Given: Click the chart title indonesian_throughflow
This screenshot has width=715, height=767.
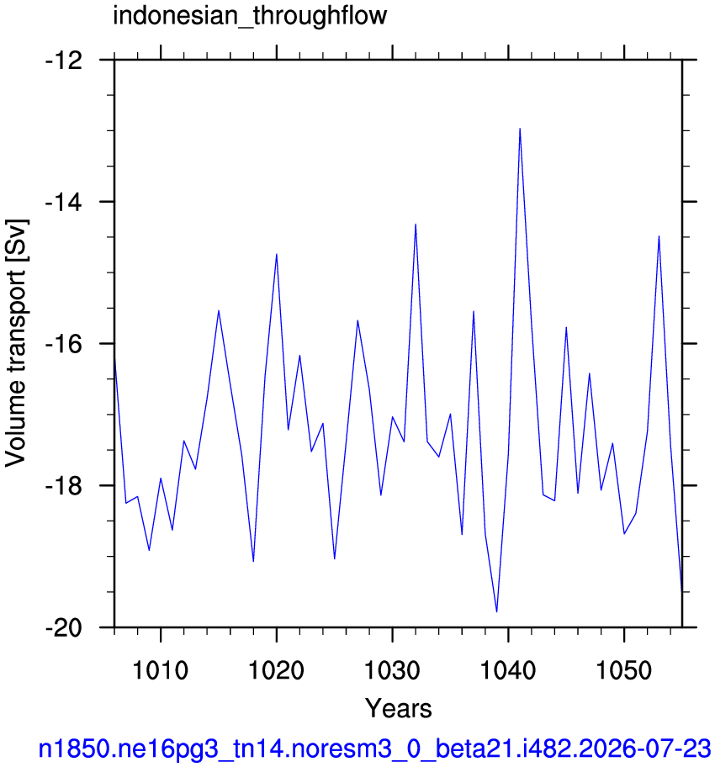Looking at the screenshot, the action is point(250,16).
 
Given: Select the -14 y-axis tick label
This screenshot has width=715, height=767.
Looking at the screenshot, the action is point(64,202).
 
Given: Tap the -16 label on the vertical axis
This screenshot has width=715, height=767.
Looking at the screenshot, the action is point(64,343).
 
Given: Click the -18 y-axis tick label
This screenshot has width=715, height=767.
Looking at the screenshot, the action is point(64,485).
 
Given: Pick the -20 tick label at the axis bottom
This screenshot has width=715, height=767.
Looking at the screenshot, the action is point(64,627).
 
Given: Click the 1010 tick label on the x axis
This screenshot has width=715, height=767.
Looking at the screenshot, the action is point(161,669).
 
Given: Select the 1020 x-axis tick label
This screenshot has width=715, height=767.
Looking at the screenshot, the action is point(277,669).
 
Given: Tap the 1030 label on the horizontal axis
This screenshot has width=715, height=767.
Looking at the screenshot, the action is point(393,669).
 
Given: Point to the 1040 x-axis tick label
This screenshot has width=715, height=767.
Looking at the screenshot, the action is point(508,669).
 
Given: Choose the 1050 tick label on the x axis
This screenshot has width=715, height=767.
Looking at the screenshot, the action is point(624,669).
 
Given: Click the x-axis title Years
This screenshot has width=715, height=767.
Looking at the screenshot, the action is point(399,708).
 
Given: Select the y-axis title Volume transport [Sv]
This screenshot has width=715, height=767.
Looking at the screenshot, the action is point(16,343).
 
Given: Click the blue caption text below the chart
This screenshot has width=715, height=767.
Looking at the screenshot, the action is point(374,748).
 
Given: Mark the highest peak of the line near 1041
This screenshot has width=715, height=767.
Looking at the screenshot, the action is point(520,129).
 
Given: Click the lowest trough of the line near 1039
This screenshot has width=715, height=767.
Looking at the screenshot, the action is point(497,611).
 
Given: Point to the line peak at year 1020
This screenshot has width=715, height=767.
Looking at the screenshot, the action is point(277,254).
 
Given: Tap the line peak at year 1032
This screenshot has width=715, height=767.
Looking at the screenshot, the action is point(416,225).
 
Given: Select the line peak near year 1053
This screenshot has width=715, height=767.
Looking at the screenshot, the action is point(659,236).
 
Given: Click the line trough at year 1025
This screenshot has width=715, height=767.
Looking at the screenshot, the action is point(334,558).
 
